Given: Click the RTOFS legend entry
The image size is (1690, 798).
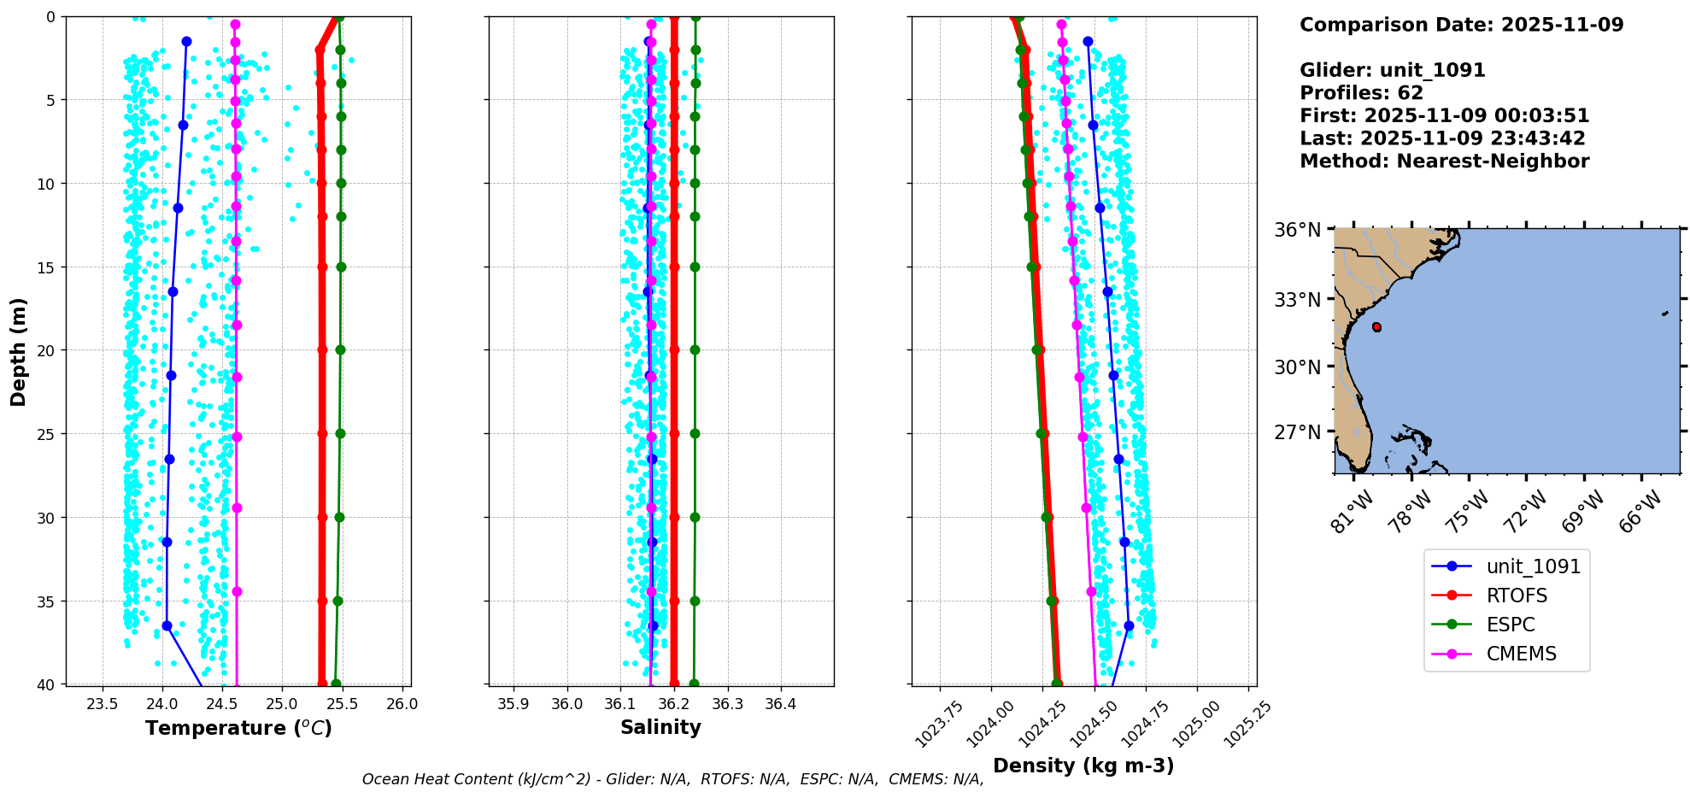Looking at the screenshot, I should (x=1517, y=596).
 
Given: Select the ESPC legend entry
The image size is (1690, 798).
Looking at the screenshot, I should (x=1511, y=625).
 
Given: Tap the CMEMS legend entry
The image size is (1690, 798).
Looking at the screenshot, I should (x=1521, y=654).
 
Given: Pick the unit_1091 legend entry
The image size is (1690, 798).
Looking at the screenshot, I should (x=1533, y=566).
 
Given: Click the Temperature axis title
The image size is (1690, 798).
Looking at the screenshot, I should (x=238, y=728).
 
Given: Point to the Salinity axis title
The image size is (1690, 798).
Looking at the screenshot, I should (x=660, y=727).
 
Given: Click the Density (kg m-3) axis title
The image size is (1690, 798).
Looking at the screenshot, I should (x=1083, y=766).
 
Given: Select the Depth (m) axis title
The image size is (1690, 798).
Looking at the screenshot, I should (x=19, y=351).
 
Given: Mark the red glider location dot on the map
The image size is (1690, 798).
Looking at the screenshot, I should (x=1376, y=327).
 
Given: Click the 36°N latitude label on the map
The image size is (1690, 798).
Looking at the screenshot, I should (x=1298, y=230).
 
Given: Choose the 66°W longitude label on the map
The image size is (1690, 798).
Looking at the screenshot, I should (x=1639, y=511).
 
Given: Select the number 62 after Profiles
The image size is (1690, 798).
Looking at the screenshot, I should (x=1410, y=93).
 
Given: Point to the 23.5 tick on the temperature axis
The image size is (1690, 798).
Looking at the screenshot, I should (x=103, y=704).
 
